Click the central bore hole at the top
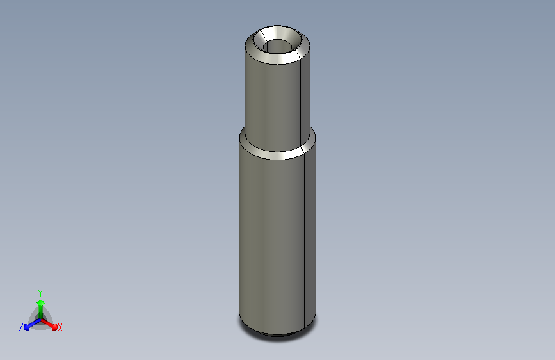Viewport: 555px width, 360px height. [277, 47]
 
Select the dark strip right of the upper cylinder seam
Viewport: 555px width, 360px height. [305, 99]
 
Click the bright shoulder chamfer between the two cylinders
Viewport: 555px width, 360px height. [277, 156]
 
